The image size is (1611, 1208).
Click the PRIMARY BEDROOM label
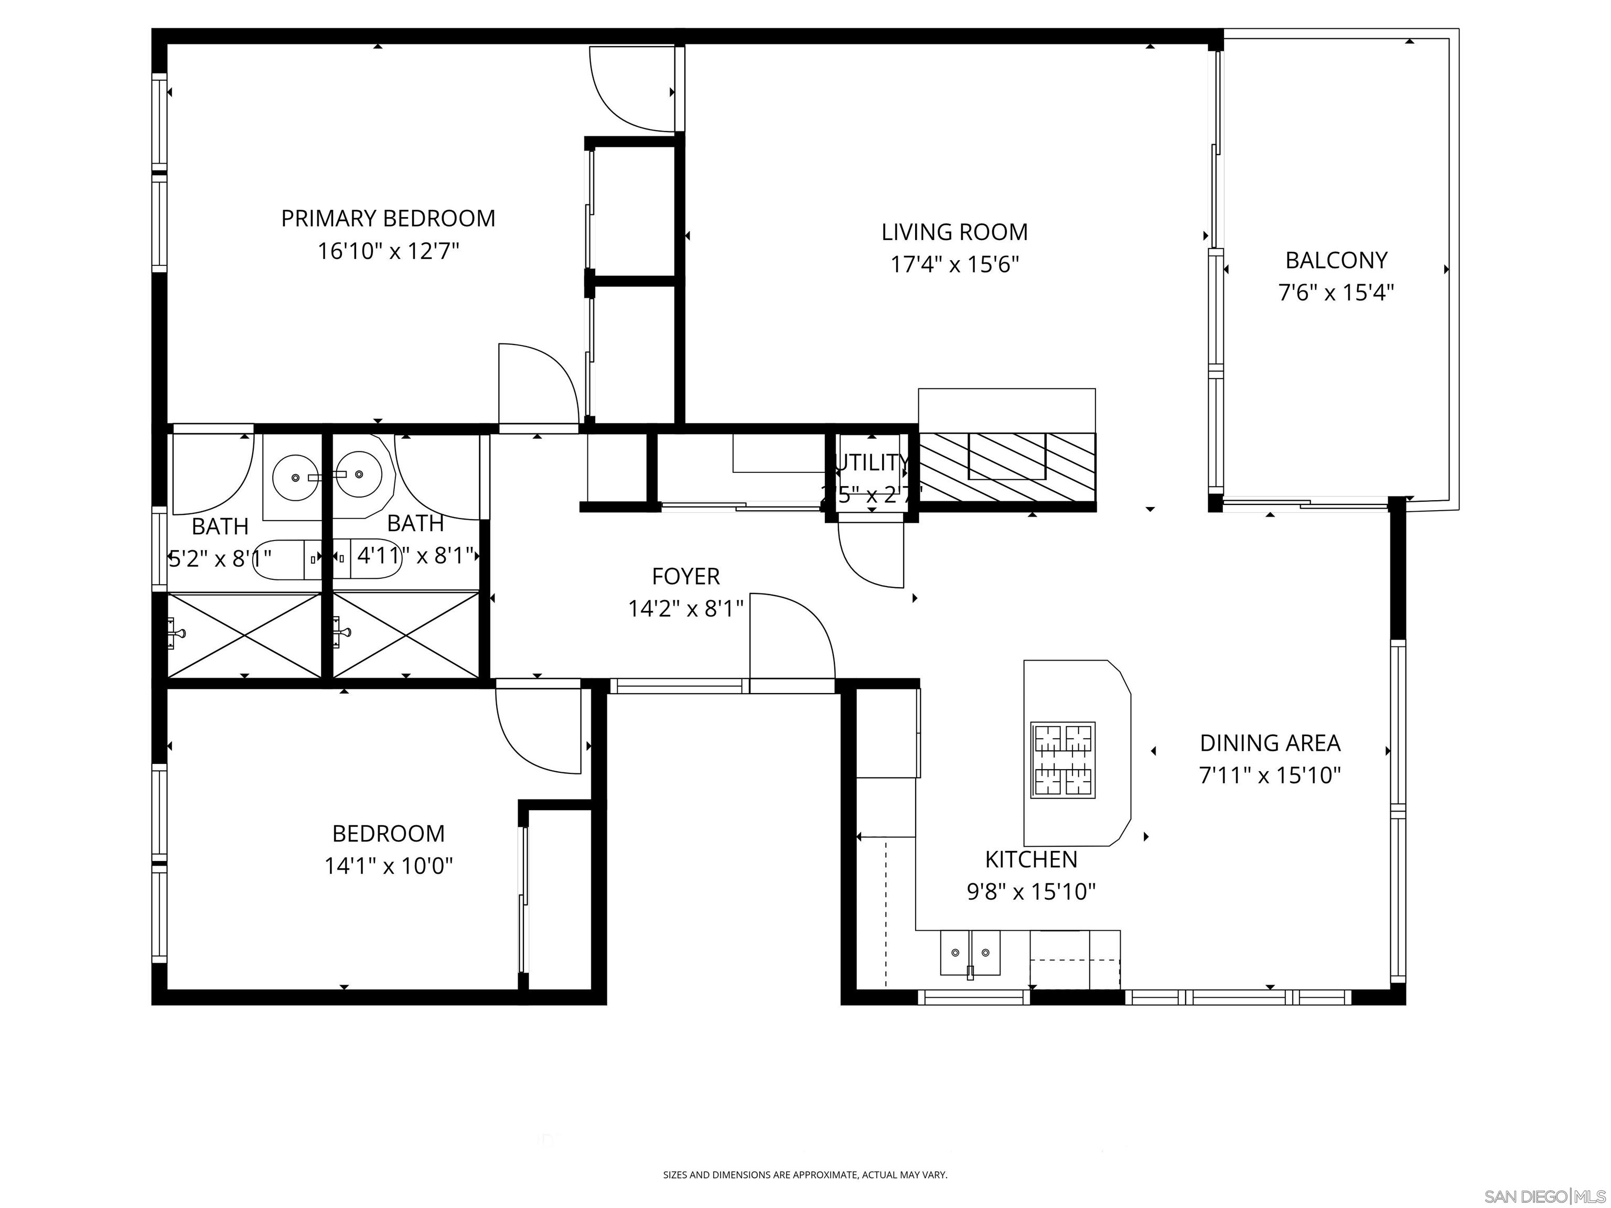click(x=388, y=219)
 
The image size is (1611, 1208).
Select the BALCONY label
click(x=1336, y=260)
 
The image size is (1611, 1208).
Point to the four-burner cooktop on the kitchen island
click(x=1062, y=760)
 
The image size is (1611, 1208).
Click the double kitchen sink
click(x=970, y=953)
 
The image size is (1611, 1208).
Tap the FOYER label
click(x=685, y=577)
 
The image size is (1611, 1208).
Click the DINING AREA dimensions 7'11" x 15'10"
click(x=1270, y=775)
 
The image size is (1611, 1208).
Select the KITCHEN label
click(x=1030, y=859)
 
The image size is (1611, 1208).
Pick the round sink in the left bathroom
click(x=295, y=477)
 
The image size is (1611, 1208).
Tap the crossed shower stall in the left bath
click(x=245, y=635)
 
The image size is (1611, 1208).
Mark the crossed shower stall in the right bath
click(x=406, y=635)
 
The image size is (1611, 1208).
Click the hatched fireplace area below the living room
click(x=1007, y=466)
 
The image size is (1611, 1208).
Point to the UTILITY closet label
click(x=872, y=463)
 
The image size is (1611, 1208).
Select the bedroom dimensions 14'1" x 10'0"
click(x=388, y=866)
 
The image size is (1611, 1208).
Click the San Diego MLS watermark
click(x=1544, y=1197)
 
